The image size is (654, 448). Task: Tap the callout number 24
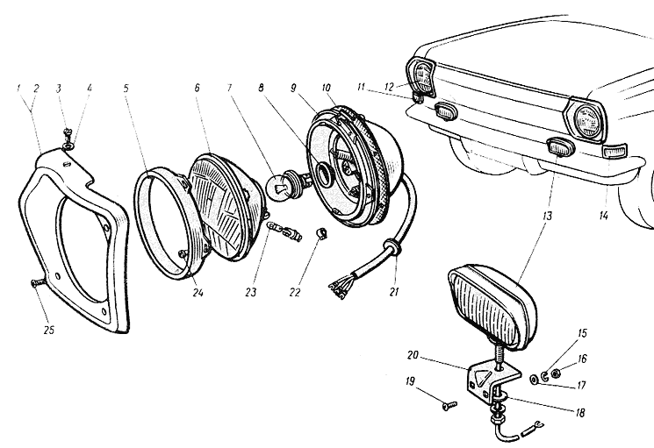(198, 295)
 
